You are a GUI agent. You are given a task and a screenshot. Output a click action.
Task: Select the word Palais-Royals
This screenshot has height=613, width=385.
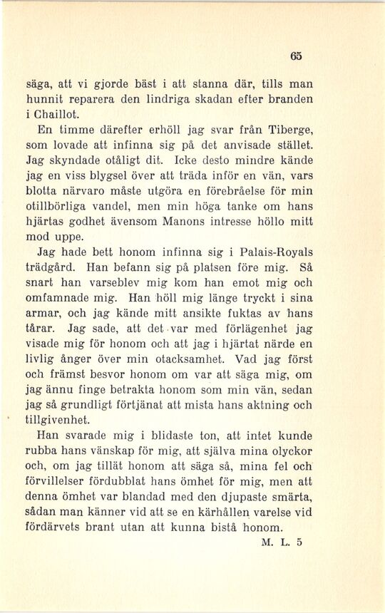[x=272, y=252]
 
